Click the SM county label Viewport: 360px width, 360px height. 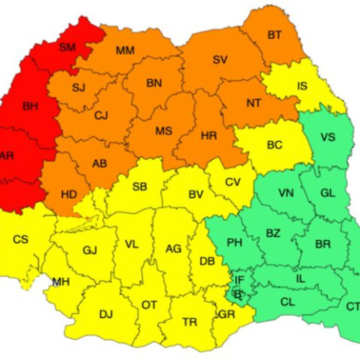pos(68,48)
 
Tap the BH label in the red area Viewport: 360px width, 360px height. pos(30,107)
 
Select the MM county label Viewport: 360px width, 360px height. pos(125,50)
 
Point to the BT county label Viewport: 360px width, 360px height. pos(274,35)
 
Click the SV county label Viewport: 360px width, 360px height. pos(220,60)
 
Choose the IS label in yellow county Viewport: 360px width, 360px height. pos(302,86)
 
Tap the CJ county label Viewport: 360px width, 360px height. pos(101,115)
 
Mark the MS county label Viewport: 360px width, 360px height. pos(163,131)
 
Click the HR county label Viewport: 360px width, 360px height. pos(209,135)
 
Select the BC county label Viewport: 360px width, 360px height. pos(274,145)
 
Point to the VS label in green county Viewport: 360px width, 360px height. pos(328,138)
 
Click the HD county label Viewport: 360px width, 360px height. pos(69,194)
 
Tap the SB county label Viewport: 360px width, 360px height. pos(140,186)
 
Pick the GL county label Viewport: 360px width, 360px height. pos(328,193)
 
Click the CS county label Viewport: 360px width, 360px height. pos(21,238)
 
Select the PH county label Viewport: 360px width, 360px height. pos(234,242)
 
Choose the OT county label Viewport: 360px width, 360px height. pos(149,305)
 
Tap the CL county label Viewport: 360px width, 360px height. pos(287,302)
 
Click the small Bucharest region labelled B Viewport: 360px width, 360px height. pos(239,294)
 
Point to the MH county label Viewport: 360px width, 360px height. pos(60,282)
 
